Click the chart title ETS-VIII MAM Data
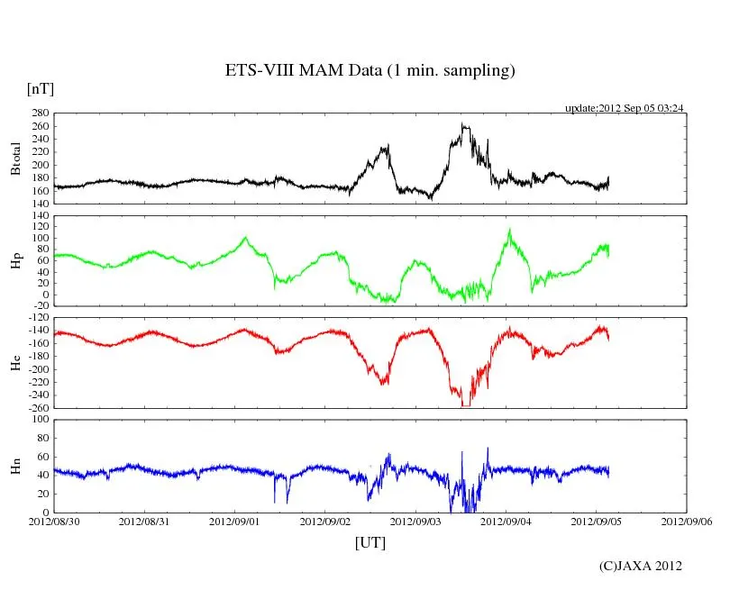point(370,71)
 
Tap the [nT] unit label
point(40,88)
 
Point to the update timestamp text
point(625,108)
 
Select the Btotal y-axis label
point(14,159)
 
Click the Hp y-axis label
point(14,260)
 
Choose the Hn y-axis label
point(14,465)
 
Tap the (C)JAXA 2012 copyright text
point(641,566)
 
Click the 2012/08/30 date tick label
point(54,522)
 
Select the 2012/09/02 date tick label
point(325,522)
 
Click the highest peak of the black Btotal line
point(463,124)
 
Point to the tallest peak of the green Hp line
point(509,229)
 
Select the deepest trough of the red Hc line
point(465,405)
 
